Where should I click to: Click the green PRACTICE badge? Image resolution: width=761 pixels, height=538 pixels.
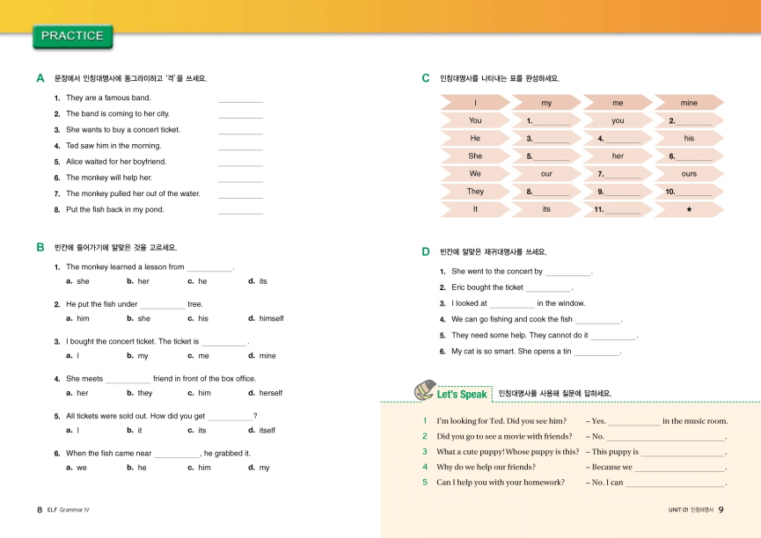(x=72, y=36)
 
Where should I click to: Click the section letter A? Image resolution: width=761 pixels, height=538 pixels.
(x=40, y=78)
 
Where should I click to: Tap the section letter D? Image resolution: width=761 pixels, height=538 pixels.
(x=426, y=251)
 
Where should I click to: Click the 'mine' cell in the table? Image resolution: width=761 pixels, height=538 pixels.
(x=689, y=103)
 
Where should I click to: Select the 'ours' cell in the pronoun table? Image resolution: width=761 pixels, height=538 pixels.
(x=689, y=173)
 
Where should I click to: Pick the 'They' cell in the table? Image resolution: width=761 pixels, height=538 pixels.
(x=475, y=191)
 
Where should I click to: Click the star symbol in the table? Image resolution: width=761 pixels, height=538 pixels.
(x=689, y=209)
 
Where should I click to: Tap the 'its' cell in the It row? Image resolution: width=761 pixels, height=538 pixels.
(x=546, y=209)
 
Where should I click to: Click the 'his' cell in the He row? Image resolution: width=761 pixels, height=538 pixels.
(x=689, y=138)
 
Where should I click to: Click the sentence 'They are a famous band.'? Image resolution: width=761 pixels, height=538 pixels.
(x=108, y=98)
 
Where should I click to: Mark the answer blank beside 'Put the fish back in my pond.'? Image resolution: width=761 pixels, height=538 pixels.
(x=240, y=212)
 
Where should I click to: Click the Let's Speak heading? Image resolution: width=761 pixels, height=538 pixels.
(x=461, y=395)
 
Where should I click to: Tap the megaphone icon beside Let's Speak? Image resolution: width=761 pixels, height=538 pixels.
(x=424, y=389)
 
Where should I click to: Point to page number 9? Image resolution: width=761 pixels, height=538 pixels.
(x=721, y=510)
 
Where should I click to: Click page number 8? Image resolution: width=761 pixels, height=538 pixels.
(x=40, y=510)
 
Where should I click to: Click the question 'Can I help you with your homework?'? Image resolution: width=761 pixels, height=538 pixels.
(x=501, y=482)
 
